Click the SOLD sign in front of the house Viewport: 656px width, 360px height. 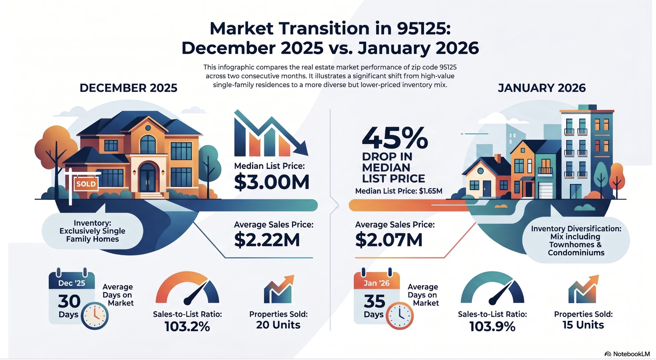coord(86,184)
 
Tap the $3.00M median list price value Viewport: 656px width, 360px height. coord(272,182)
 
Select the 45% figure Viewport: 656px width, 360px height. coord(395,138)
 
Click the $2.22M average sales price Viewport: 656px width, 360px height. coord(267,240)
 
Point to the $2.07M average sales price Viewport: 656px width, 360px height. coord(389,240)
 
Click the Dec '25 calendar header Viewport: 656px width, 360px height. coord(72,283)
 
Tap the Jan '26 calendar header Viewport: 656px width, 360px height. coord(377,283)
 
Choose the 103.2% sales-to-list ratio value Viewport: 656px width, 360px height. coord(187,326)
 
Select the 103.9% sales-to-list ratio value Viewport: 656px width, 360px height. coord(492,326)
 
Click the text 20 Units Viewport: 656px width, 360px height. coord(278,325)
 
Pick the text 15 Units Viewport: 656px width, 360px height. coord(583,325)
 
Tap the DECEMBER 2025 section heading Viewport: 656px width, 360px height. coord(128,88)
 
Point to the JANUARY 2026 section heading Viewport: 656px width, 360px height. coord(541,88)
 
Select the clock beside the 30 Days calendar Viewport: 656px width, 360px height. coord(95,316)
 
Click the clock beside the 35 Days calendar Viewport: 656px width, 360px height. coord(400,316)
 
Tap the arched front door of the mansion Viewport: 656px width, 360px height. coord(147,177)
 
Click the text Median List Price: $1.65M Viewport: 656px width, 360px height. coord(399,191)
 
